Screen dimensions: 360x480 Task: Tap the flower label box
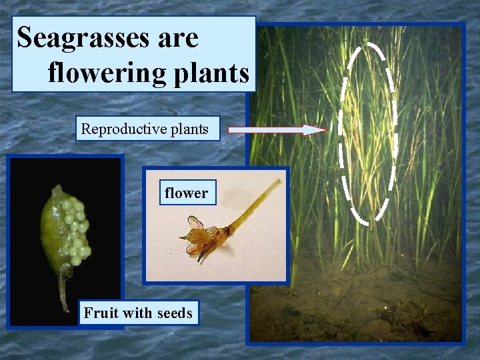coord(186,193)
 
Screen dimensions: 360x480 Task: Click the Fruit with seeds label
coord(137,312)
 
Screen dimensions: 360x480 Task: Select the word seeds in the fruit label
coord(174,312)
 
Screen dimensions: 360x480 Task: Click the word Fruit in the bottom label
coord(98,312)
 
